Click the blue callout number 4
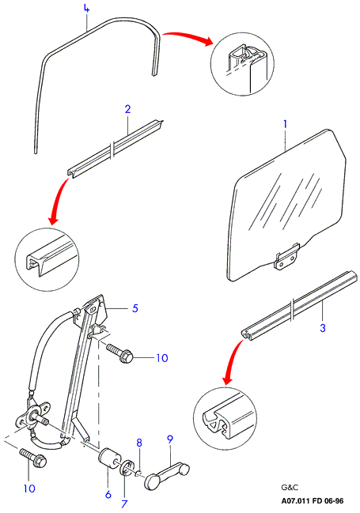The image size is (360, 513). (86, 9)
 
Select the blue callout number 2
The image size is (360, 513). (127, 109)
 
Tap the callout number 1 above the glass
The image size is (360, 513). (285, 124)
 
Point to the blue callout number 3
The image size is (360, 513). (323, 327)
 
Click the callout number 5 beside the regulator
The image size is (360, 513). (135, 308)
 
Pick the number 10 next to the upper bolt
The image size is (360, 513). (162, 358)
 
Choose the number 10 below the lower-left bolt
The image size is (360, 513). (29, 488)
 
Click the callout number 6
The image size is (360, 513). (108, 495)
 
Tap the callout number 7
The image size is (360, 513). (123, 504)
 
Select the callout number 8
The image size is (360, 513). (139, 443)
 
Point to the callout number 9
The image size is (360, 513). (169, 439)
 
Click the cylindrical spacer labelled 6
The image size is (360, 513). (110, 459)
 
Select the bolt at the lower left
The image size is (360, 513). (33, 458)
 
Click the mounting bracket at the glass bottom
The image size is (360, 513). (287, 257)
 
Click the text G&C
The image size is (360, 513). (290, 488)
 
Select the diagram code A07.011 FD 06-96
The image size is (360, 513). (313, 501)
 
